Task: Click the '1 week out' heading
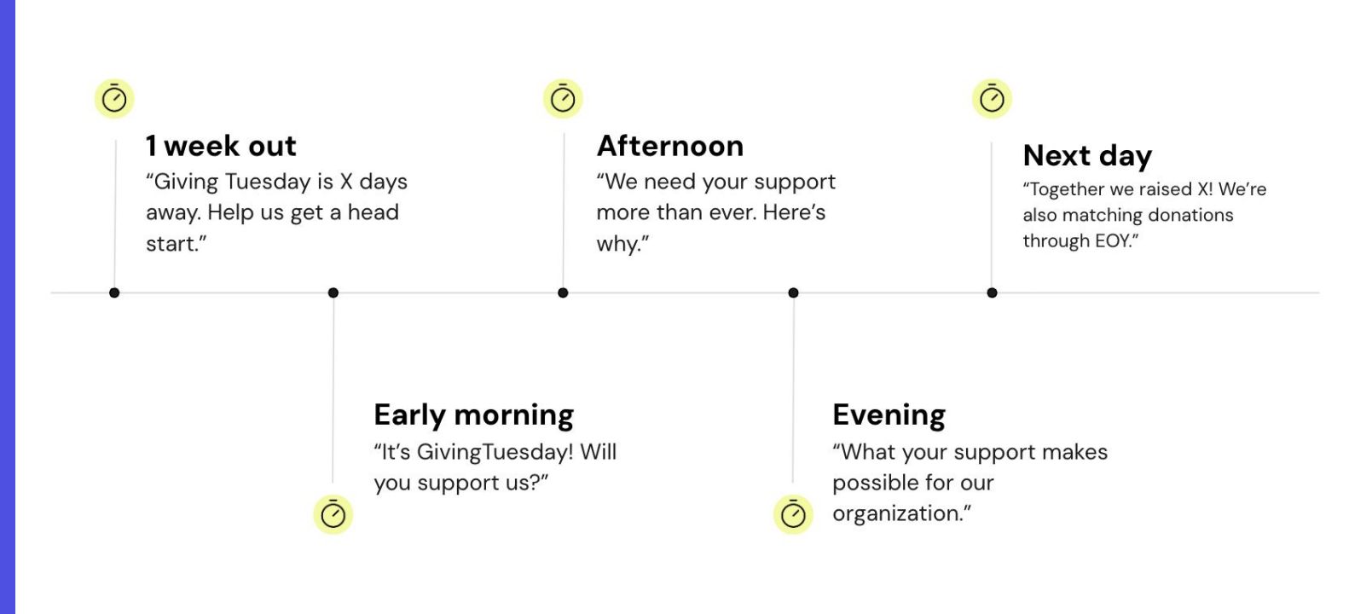click(x=221, y=146)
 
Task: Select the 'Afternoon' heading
click(x=670, y=146)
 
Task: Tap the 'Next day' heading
click(x=1087, y=156)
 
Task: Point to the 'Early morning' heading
click(x=474, y=415)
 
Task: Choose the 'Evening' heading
click(x=889, y=415)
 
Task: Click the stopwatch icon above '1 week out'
click(x=114, y=99)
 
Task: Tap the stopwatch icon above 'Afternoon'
click(x=563, y=99)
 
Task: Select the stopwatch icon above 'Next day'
click(x=992, y=99)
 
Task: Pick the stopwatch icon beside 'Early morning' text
click(x=333, y=514)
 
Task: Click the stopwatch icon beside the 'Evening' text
click(x=793, y=514)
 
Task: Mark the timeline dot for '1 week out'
click(x=114, y=293)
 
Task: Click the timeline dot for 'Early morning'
click(x=333, y=293)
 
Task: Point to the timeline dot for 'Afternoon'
click(x=563, y=293)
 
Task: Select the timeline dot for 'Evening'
click(x=793, y=293)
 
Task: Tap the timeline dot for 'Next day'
click(x=992, y=293)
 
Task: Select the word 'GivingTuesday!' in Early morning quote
click(x=495, y=453)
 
